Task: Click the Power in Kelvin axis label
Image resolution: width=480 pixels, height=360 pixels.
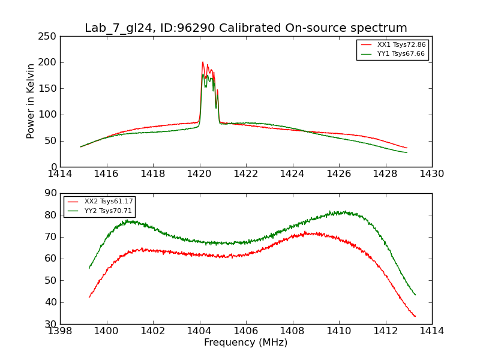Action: click(x=31, y=101)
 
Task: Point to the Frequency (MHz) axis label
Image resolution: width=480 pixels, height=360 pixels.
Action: click(x=245, y=343)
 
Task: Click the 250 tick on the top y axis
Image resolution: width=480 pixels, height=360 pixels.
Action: click(x=49, y=36)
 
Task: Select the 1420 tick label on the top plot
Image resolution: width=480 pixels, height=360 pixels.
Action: click(x=200, y=174)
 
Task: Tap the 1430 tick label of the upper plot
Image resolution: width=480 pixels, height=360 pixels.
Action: click(x=431, y=174)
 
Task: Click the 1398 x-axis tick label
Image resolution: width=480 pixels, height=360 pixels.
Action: click(x=60, y=331)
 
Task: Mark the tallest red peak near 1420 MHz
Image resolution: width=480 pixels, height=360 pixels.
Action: click(x=203, y=62)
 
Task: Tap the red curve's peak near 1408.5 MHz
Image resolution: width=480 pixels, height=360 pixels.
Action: click(x=305, y=232)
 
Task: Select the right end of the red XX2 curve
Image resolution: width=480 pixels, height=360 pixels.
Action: click(x=415, y=316)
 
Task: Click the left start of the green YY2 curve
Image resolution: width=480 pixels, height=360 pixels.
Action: click(x=89, y=268)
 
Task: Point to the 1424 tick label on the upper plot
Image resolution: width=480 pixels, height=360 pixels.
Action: click(x=292, y=174)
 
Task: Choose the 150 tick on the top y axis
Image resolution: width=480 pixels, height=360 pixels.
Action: click(x=49, y=88)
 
